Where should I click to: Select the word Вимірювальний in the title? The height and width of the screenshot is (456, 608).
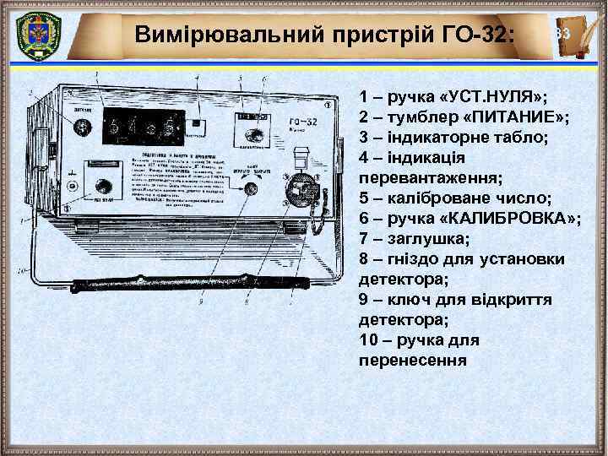click(208, 35)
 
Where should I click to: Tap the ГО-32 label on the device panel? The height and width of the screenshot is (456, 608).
click(300, 119)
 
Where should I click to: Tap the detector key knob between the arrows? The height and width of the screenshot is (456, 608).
click(250, 189)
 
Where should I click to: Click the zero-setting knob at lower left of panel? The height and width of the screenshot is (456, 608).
click(104, 187)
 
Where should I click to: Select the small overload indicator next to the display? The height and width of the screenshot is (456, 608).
click(198, 123)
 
